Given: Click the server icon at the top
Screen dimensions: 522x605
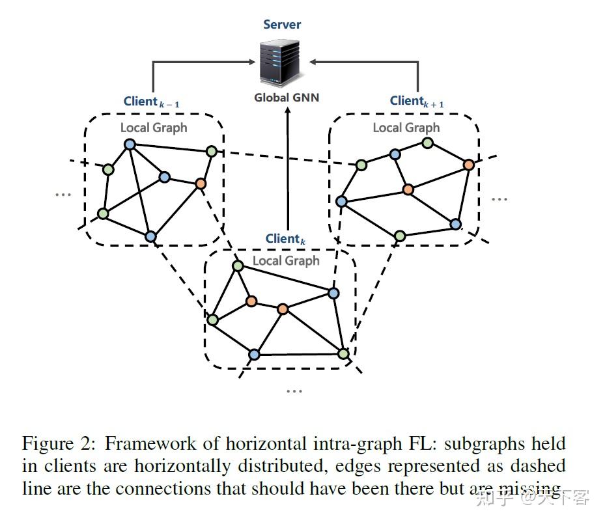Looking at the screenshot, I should tap(282, 62).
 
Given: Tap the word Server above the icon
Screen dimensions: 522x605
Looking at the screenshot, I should tap(282, 24).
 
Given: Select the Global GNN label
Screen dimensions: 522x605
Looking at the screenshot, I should tap(287, 98).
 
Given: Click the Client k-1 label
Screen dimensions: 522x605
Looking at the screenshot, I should tap(152, 102).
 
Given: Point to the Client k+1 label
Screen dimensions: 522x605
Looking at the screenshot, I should tap(416, 101).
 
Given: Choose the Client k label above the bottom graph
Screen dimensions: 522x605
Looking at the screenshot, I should tap(285, 239).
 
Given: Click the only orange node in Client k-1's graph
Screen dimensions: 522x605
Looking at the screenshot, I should tap(201, 184).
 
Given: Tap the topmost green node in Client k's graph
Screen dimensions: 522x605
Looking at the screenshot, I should tap(238, 266).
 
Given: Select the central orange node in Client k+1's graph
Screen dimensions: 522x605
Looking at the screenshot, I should tap(408, 189).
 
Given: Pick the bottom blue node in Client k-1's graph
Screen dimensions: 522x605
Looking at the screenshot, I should tap(150, 236).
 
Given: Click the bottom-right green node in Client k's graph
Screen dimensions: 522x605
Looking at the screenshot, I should tap(343, 353).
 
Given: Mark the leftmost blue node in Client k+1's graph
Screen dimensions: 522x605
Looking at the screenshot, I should tap(341, 201).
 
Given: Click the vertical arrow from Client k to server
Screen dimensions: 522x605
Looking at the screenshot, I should tap(287, 169).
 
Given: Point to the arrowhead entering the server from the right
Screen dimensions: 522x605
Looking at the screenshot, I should tap(314, 62).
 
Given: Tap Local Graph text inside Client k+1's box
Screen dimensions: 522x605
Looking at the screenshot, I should tap(406, 128).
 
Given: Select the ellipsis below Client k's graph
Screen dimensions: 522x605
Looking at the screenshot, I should tap(294, 391).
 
